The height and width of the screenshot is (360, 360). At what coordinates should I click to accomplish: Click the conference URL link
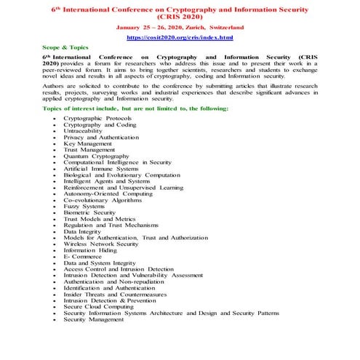pyautogui.click(x=180, y=36)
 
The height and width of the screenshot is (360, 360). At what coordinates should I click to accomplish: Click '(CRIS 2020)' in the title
pyautogui.click(x=180, y=17)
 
